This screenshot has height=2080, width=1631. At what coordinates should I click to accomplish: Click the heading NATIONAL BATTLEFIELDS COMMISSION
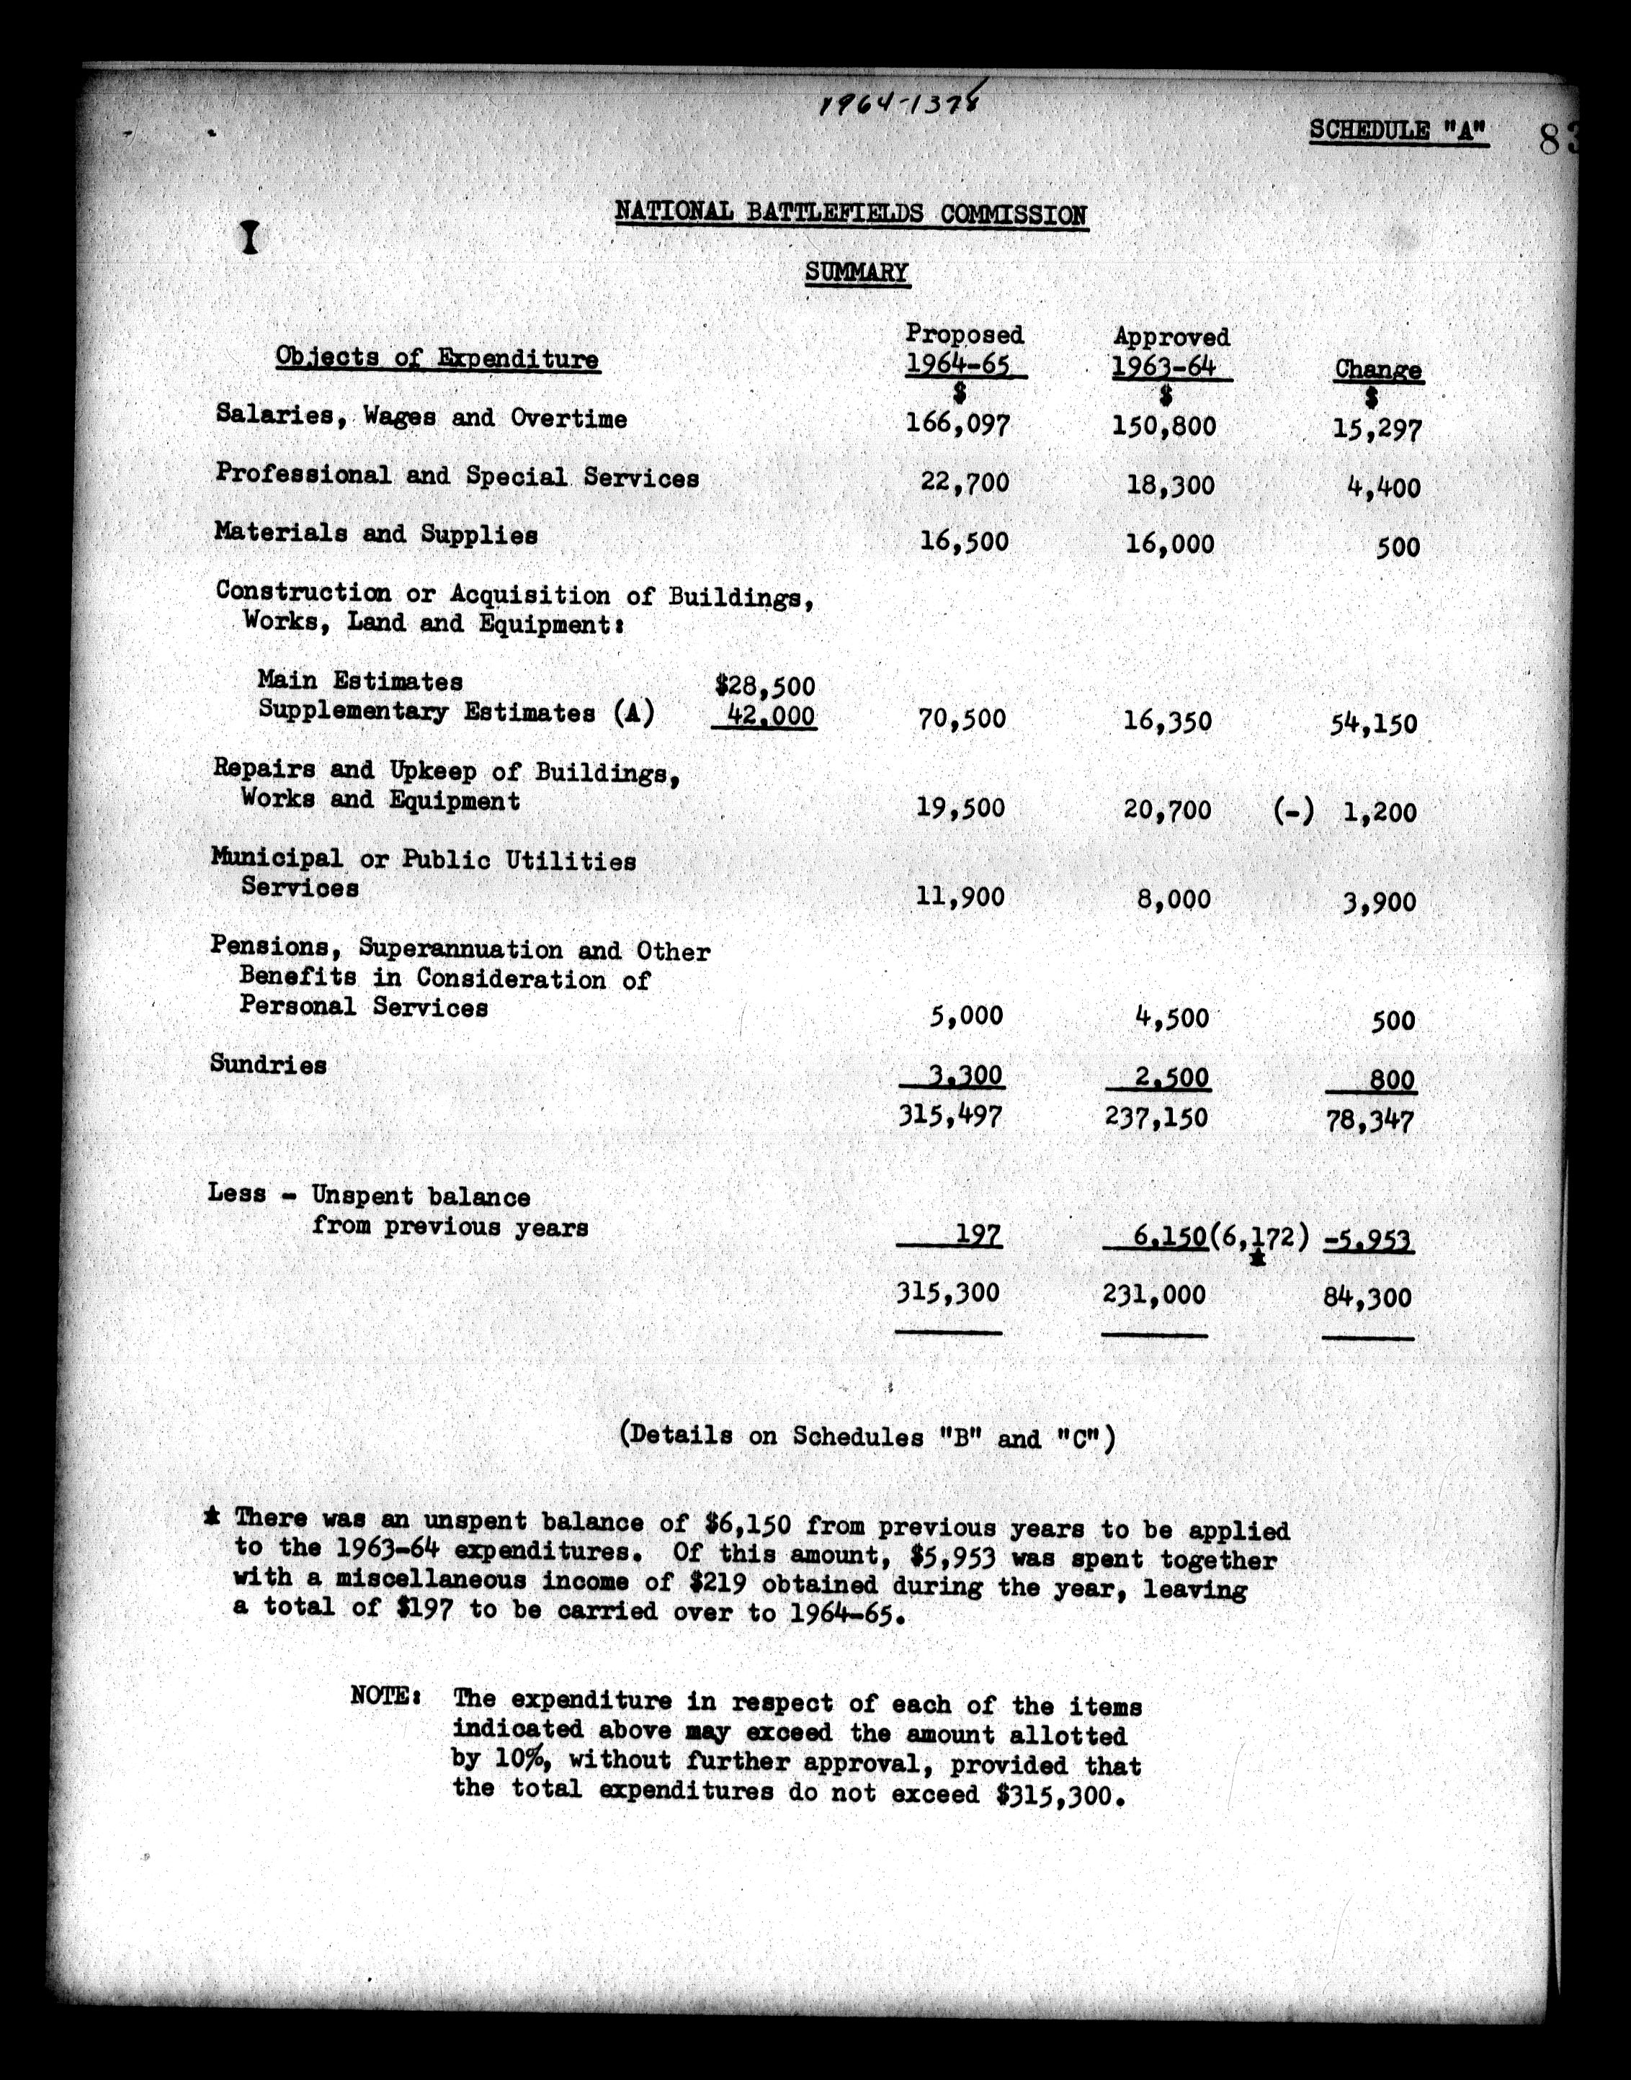pyautogui.click(x=851, y=213)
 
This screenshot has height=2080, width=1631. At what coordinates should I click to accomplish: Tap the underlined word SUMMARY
pyautogui.click(x=857, y=273)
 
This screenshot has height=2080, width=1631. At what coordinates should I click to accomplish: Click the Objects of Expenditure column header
pyautogui.click(x=437, y=358)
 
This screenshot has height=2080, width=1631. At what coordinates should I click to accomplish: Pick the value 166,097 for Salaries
pyautogui.click(x=957, y=423)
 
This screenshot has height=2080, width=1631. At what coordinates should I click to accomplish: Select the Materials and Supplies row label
pyautogui.click(x=376, y=534)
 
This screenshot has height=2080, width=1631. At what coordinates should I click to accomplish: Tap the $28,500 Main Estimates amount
pyautogui.click(x=765, y=684)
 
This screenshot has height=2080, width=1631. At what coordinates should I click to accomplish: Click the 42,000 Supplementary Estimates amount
pyautogui.click(x=769, y=715)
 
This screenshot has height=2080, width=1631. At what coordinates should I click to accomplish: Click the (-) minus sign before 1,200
pyautogui.click(x=1293, y=812)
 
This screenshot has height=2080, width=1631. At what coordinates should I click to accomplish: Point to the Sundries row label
pyautogui.click(x=268, y=1064)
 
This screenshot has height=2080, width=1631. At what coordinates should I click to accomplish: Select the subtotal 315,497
pyautogui.click(x=950, y=1116)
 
